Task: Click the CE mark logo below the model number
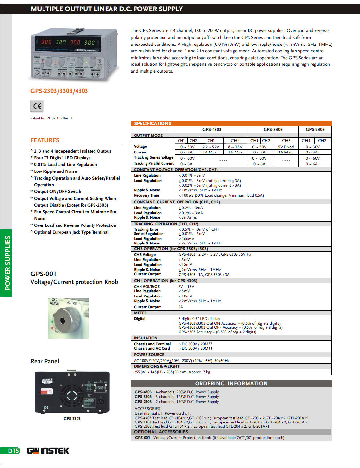[37, 106]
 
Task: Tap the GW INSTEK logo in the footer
[48, 451]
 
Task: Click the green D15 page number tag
[13, 451]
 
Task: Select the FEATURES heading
[45, 140]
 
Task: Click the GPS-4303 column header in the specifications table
[212, 129]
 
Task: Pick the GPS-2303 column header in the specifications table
[315, 129]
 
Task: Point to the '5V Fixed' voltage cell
[286, 147]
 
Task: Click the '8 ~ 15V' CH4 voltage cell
[235, 147]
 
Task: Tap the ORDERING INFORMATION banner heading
[231, 383]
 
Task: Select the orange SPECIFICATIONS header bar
[231, 123]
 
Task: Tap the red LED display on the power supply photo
[68, 42]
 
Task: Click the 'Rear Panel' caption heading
[45, 361]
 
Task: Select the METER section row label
[140, 313]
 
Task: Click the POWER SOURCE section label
[149, 355]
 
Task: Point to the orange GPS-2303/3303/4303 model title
[59, 91]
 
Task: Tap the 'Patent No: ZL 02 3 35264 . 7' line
[51, 118]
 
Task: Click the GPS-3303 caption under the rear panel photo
[72, 419]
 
